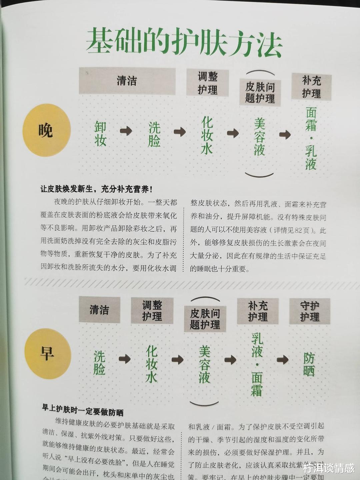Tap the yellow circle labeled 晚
[47, 130]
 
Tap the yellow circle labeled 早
[48, 353]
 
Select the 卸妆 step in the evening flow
[100, 134]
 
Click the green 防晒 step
[309, 364]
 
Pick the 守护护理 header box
[310, 311]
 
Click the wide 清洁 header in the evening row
[127, 81]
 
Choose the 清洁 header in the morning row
[99, 310]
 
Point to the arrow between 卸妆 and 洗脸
[126, 131]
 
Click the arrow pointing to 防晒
[283, 360]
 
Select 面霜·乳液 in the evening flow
[311, 138]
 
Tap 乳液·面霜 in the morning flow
[257, 364]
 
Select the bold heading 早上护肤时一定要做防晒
[83, 410]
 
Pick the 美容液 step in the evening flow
[259, 137]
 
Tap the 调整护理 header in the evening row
[207, 83]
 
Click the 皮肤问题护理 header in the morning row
[205, 319]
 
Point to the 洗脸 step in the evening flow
[154, 134]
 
